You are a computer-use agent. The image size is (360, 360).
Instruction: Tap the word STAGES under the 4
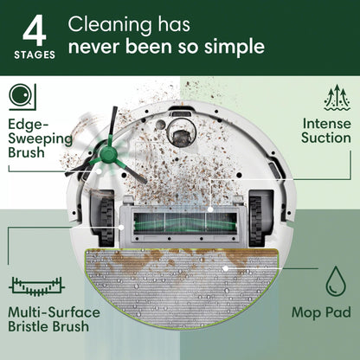pos(35,55)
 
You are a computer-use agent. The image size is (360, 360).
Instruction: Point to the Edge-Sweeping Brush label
pos(40,138)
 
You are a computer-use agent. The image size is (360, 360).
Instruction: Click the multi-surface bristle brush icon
pos(38,283)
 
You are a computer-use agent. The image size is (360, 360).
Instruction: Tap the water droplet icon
pos(335,281)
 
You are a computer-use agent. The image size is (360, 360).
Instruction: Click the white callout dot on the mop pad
pos(224,268)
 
